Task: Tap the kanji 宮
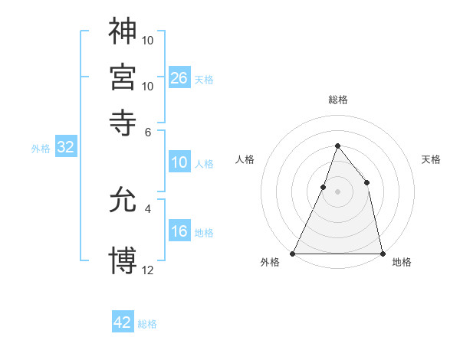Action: [x=123, y=77]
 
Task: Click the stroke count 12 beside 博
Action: [x=148, y=270]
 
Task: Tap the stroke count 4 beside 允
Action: [x=148, y=208]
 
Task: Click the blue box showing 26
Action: [x=179, y=77]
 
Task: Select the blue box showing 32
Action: [x=65, y=148]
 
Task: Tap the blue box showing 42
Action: [x=123, y=322]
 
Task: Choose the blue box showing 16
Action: [x=179, y=231]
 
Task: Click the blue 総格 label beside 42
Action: [x=148, y=324]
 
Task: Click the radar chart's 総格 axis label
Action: [x=338, y=100]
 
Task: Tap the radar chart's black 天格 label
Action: [x=432, y=159]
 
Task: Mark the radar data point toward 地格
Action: [x=383, y=253]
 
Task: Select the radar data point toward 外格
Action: [x=294, y=253]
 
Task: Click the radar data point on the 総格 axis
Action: [x=338, y=146]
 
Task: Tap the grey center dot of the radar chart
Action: [x=338, y=191]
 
